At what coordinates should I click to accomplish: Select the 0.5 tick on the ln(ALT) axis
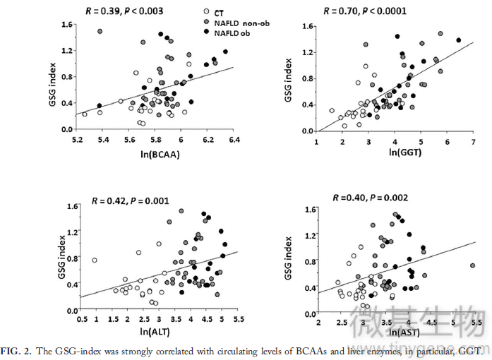pos(83,320)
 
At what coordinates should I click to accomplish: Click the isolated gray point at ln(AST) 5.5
pos(472,265)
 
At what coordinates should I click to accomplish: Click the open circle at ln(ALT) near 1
pos(95,260)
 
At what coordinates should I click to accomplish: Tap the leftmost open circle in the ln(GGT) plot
pos(332,110)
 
